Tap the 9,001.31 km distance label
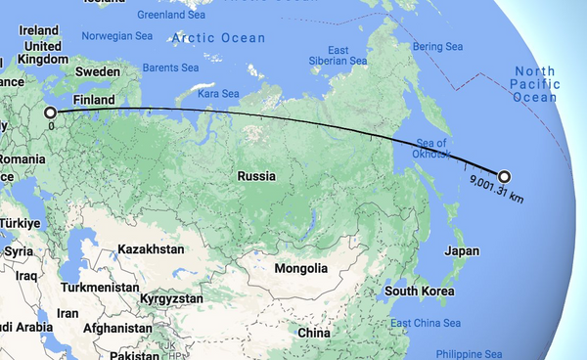[x=497, y=190]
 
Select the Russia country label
[x=256, y=177]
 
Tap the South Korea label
[x=423, y=292]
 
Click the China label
[x=315, y=334]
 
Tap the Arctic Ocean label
[x=218, y=38]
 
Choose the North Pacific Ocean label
[x=535, y=84]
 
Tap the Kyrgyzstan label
[x=170, y=297]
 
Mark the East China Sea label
[x=425, y=324]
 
